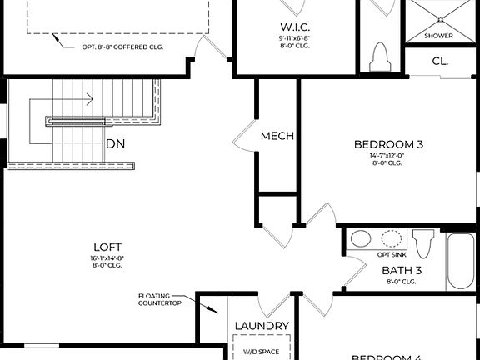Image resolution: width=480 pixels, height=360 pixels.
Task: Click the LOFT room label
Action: tap(107, 247)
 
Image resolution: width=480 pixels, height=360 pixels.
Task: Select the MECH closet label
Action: tap(277, 136)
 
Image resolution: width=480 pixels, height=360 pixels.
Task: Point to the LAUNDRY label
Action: tap(262, 326)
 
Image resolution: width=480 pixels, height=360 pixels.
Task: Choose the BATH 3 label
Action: tap(402, 270)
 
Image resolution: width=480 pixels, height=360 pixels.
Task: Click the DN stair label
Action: tap(116, 144)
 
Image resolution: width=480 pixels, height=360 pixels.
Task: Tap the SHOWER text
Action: tap(438, 36)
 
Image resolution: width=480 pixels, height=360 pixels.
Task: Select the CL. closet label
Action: tap(440, 62)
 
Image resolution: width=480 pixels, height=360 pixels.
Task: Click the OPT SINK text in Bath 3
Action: tap(392, 253)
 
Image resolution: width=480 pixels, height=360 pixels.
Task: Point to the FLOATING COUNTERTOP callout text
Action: tap(161, 300)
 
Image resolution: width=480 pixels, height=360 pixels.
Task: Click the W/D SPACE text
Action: tap(262, 352)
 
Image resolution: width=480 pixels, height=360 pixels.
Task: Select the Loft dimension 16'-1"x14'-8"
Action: tap(107, 258)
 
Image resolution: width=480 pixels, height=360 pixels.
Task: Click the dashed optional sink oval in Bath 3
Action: tap(392, 238)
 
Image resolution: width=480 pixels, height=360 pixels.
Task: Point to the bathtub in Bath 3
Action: tap(461, 260)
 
